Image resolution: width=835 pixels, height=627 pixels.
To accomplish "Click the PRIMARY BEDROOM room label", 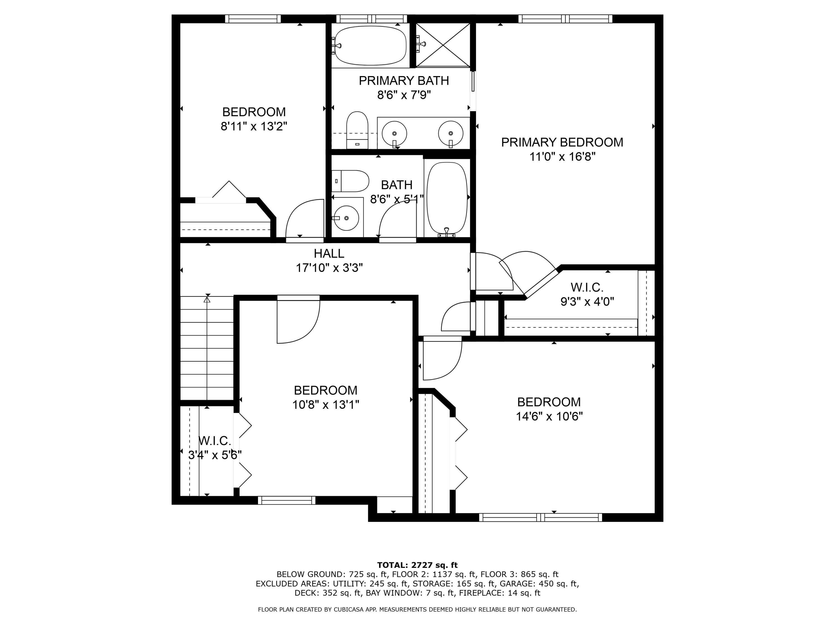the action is [562, 142].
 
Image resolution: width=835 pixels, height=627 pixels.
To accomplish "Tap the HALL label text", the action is [329, 253].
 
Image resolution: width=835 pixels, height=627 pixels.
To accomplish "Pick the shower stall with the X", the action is [443, 45].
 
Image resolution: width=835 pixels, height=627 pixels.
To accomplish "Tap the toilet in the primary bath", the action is [357, 130].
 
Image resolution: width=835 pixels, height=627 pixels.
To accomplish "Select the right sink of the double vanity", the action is [451, 133].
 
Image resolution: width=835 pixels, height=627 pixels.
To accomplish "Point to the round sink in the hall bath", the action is [347, 218].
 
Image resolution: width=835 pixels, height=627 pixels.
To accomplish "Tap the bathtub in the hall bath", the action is [447, 198].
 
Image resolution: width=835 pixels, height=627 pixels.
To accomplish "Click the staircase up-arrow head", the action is [207, 299].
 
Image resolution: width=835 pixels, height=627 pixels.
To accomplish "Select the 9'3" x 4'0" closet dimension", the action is [587, 302].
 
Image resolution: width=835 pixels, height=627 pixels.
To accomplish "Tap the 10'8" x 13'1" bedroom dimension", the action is [325, 405].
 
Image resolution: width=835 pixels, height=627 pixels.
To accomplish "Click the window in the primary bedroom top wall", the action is [565, 18].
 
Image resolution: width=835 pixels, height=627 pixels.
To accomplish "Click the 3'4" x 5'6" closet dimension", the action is [215, 455].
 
